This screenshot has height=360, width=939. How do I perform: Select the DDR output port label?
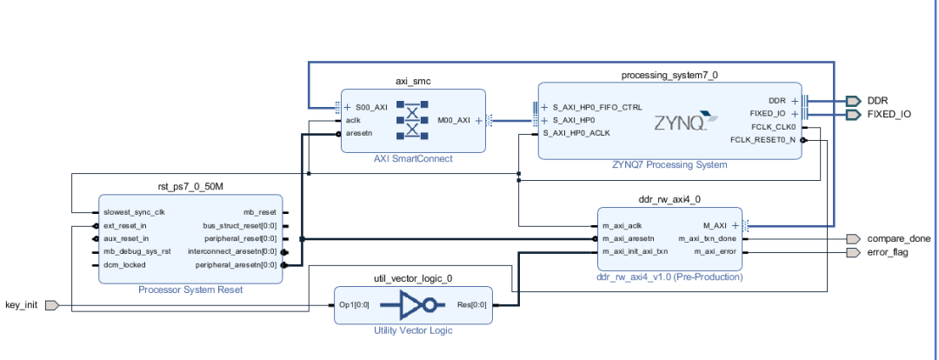[x=878, y=101]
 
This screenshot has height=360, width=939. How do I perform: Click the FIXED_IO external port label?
[x=889, y=114]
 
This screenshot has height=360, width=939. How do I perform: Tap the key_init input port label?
[x=23, y=305]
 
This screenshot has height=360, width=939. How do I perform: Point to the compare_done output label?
[x=899, y=238]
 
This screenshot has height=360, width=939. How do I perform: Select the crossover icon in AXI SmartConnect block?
[x=412, y=120]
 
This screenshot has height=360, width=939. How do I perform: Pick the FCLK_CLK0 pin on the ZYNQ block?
[x=772, y=126]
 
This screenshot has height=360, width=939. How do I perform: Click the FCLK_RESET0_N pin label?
[x=763, y=139]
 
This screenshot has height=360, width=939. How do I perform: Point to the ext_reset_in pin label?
[x=126, y=225]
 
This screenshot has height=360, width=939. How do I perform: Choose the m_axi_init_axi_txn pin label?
[x=635, y=252]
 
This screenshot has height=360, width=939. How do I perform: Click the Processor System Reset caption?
[x=190, y=290]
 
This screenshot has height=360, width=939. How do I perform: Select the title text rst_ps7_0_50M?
[x=190, y=186]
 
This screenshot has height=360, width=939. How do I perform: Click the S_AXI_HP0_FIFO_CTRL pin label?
[x=597, y=108]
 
